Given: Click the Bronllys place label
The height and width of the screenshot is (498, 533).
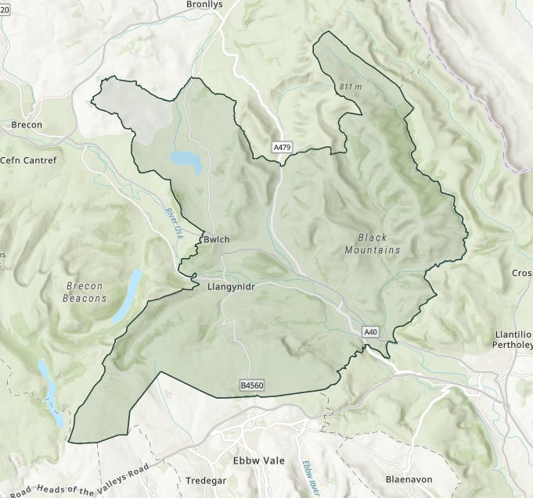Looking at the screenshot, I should point(206,5).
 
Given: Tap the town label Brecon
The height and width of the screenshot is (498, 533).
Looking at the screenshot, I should point(27,124).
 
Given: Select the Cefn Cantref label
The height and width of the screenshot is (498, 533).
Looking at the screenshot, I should point(29,160).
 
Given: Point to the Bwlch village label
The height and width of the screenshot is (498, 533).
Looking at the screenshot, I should point(216,239).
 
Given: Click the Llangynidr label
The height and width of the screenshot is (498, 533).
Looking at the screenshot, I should point(232,287).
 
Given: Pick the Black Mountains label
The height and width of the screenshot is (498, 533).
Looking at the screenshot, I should point(373,243).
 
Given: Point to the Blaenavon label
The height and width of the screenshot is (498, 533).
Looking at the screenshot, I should point(409,478).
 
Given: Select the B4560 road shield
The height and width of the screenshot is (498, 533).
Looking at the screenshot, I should point(252,385).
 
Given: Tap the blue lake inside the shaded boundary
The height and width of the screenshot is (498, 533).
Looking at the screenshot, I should point(186,161).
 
